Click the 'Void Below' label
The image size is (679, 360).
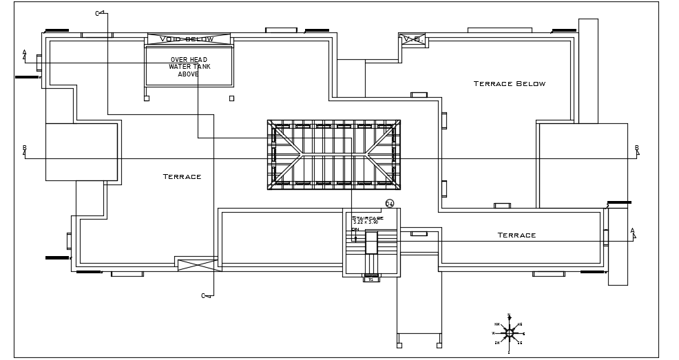[x=187, y=39]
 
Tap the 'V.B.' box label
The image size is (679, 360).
[x=413, y=39]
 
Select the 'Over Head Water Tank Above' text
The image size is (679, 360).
[x=189, y=67]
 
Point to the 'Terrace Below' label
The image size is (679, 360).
[x=509, y=84]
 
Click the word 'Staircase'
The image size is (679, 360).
[x=368, y=218]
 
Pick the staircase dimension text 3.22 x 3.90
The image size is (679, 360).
[x=366, y=222]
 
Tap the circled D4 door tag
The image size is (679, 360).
[x=389, y=204]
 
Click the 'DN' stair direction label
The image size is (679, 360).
[x=355, y=230]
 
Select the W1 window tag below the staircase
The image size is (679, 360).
[x=370, y=279]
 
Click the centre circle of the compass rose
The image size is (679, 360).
[x=510, y=333]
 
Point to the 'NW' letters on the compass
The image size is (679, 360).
[x=497, y=324]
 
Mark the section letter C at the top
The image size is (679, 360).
[x=97, y=14]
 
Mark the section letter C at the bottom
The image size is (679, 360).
[x=203, y=296]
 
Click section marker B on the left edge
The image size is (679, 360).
[x=25, y=148]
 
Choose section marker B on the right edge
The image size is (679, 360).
[x=636, y=148]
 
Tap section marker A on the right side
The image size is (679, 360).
[x=632, y=231]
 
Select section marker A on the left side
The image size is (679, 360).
[x=25, y=52]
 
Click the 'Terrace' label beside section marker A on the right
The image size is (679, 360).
[x=516, y=235]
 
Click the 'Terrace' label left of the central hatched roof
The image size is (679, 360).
[x=182, y=177]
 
